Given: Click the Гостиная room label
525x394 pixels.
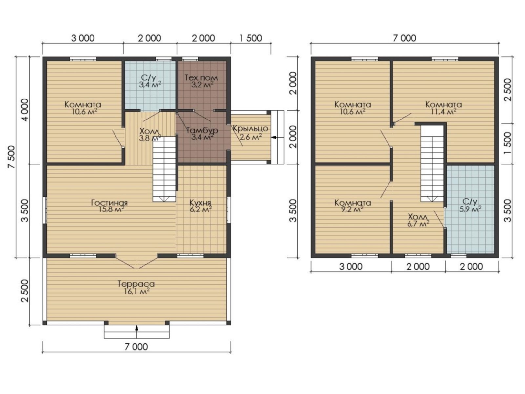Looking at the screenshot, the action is click(x=109, y=203).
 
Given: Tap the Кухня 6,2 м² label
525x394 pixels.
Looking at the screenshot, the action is click(x=200, y=206).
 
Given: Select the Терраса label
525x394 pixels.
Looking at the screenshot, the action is click(x=136, y=284).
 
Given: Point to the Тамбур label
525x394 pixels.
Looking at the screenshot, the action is click(x=202, y=130).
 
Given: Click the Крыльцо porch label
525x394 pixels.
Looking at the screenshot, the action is click(x=250, y=128).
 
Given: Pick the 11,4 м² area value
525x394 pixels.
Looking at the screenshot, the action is click(x=444, y=112).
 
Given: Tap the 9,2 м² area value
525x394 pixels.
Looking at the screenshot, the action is click(x=353, y=210).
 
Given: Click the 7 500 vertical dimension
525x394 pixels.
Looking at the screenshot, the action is click(x=11, y=157).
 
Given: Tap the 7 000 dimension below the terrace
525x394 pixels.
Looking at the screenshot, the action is click(x=136, y=347).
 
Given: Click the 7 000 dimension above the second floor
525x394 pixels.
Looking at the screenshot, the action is click(x=405, y=38).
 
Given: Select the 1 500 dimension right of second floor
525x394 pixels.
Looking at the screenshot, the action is click(x=507, y=143).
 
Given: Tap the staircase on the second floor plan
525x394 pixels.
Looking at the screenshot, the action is click(x=432, y=163).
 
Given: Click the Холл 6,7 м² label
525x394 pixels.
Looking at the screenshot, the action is click(x=418, y=220).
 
